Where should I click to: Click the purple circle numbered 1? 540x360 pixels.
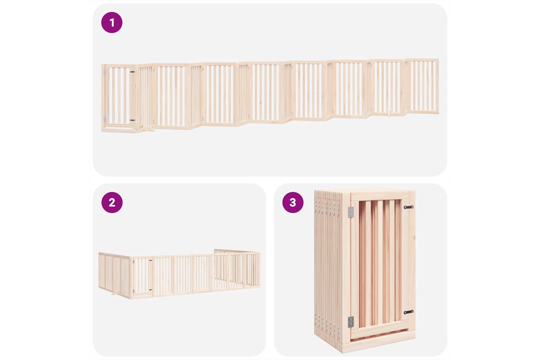click(112, 22)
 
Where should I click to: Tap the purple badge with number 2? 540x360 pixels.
click(112, 202)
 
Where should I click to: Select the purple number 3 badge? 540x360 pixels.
click(293, 202)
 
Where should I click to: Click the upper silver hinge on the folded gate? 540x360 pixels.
click(351, 212)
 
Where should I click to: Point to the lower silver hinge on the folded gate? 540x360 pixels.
click(351, 322)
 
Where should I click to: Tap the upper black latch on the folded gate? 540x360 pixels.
click(409, 207)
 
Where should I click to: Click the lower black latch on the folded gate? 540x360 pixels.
click(409, 312)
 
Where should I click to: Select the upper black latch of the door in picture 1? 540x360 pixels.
click(132, 72)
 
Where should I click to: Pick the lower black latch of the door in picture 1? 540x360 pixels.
click(132, 120)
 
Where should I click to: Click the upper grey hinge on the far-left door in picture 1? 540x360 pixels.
click(105, 72)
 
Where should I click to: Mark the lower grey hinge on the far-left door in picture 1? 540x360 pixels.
click(105, 119)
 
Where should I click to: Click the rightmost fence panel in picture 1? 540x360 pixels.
click(423, 86)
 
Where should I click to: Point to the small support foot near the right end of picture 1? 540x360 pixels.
click(389, 113)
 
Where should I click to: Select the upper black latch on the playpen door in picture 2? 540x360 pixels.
click(150, 260)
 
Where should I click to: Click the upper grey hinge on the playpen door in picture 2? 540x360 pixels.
click(133, 262)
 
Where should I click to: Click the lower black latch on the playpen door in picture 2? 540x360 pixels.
click(150, 290)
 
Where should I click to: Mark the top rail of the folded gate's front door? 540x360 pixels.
click(380, 196)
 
